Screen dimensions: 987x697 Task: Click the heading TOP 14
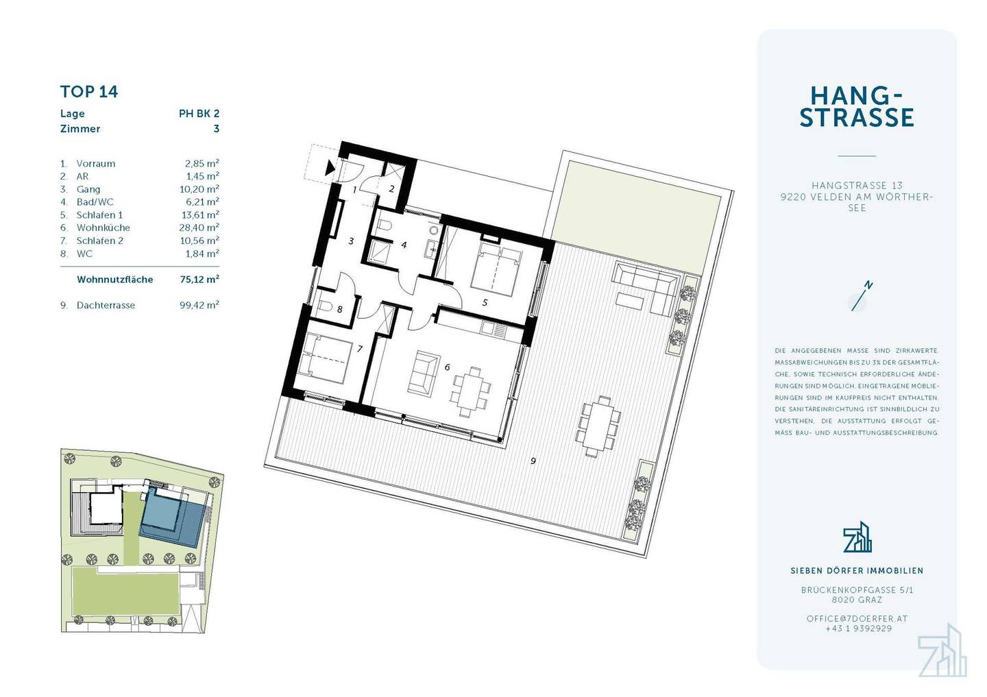tap(89, 92)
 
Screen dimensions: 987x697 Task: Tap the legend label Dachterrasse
tap(106, 306)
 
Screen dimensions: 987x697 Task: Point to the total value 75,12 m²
tap(199, 280)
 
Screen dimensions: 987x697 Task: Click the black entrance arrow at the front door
tap(330, 168)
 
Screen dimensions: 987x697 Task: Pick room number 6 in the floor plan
tap(447, 367)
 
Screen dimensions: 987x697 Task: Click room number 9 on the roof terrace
tap(533, 461)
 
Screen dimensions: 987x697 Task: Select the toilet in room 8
tap(325, 306)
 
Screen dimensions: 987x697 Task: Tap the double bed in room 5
tap(496, 269)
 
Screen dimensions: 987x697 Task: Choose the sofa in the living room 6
tap(424, 373)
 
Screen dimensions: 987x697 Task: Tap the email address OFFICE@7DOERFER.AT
tap(857, 619)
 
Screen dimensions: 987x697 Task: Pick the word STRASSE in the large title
tap(857, 117)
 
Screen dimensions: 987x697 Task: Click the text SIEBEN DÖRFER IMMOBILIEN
tap(857, 570)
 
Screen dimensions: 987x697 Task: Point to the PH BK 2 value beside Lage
tap(199, 113)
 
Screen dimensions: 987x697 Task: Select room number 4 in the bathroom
tap(404, 245)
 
